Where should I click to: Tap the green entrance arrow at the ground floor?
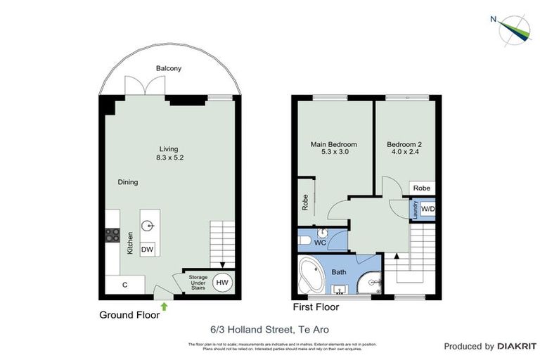tap(165, 305)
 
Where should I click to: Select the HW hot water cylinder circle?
tap(221, 283)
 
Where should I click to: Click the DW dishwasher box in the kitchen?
tap(148, 250)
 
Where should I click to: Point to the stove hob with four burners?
tap(112, 234)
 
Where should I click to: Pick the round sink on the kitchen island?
tap(148, 226)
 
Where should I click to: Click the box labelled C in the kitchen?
tap(124, 285)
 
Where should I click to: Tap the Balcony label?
tap(169, 68)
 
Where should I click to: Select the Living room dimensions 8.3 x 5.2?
tap(170, 157)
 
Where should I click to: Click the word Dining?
tap(127, 182)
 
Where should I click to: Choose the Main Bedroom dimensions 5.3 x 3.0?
tap(334, 151)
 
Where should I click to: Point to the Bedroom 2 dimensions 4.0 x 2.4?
tap(404, 151)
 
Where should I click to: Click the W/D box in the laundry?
tap(427, 209)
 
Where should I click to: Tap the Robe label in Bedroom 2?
tap(422, 188)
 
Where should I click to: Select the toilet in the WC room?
tap(305, 241)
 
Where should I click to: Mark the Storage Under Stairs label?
tap(198, 283)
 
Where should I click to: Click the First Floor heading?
tap(316, 307)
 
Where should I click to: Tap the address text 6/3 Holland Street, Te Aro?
tap(270, 329)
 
